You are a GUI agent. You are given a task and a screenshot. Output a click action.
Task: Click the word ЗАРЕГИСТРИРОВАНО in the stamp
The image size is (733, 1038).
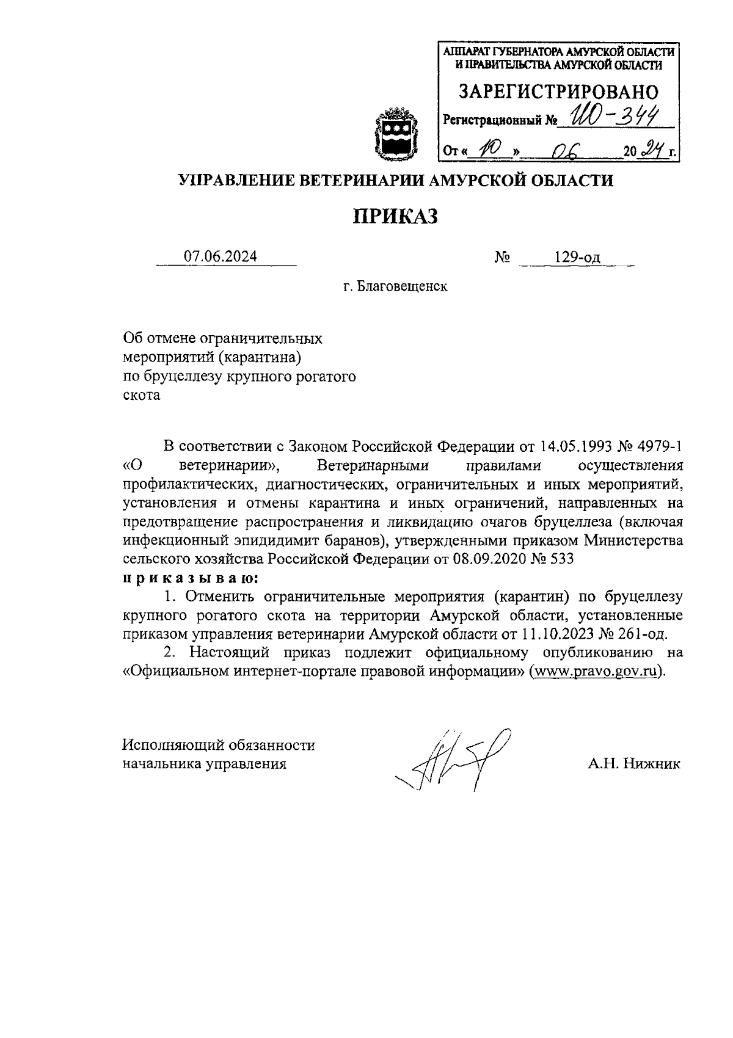point(559,92)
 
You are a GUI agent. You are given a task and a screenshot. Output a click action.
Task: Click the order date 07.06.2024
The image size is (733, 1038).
point(221,257)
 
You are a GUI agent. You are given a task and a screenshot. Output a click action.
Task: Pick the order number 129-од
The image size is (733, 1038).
point(577,258)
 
